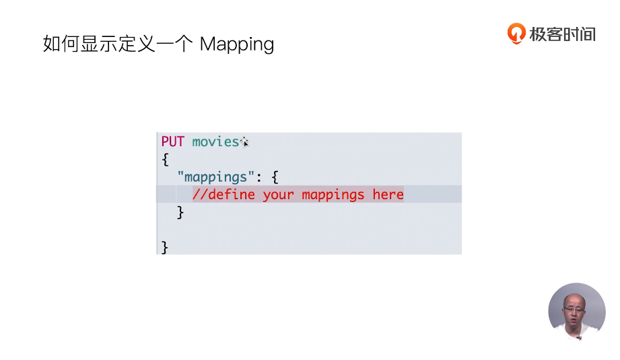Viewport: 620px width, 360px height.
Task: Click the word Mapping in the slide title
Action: pos(237,45)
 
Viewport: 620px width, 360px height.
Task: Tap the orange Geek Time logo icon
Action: pos(516,33)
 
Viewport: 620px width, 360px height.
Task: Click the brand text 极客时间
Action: pos(562,34)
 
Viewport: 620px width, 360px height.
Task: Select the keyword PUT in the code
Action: pos(172,141)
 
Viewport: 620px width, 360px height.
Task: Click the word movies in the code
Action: pos(215,141)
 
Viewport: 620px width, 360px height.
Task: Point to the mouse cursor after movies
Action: pos(245,142)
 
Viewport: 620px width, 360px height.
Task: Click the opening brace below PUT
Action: pos(164,159)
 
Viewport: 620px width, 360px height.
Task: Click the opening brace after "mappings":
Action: pos(275,177)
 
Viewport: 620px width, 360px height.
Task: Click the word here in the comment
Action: pos(388,194)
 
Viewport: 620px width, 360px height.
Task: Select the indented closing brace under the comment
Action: pos(180,212)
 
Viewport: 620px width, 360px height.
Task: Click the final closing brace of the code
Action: pos(164,247)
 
